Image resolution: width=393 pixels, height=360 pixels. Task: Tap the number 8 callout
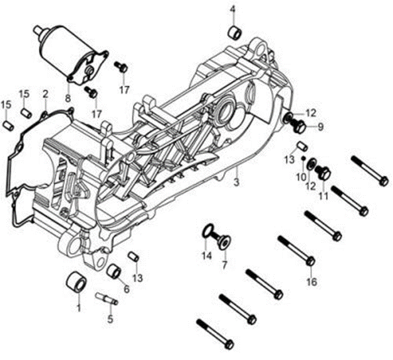coord(67,98)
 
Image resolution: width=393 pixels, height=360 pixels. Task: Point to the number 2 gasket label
coord(45,95)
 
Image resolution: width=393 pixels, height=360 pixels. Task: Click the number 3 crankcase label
coord(236,183)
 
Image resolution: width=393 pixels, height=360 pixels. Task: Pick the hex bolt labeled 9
coord(299,127)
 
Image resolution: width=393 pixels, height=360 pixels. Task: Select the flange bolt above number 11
coord(323,172)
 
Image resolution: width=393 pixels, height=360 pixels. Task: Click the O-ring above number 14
coord(207,232)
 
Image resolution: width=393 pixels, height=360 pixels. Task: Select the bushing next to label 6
coord(114,273)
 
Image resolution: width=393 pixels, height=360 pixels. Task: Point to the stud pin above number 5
coord(107,299)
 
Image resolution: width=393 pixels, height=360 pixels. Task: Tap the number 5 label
coord(110,318)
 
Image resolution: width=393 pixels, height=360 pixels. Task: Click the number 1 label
coord(79,308)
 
